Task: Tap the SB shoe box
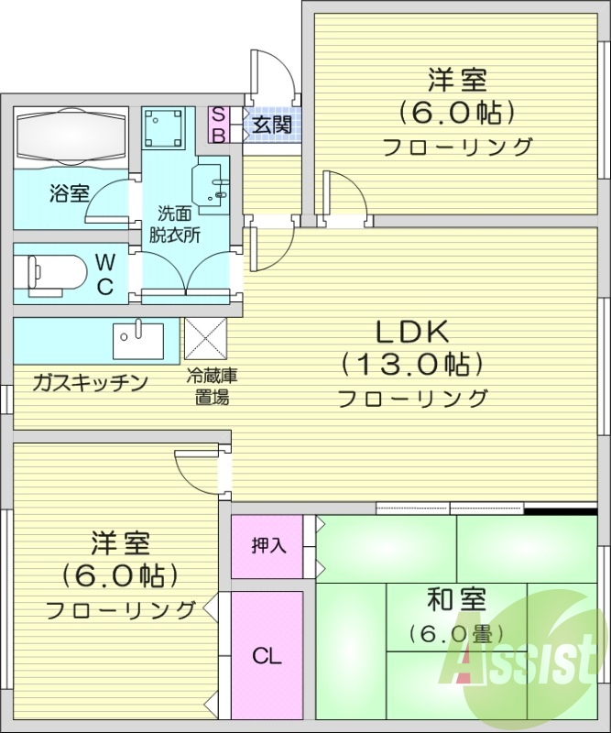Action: coord(219,124)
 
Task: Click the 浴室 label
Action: coord(70,193)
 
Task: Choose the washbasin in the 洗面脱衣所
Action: coord(213,184)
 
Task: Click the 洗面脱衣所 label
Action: coord(176,224)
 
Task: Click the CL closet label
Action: coord(267,656)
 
